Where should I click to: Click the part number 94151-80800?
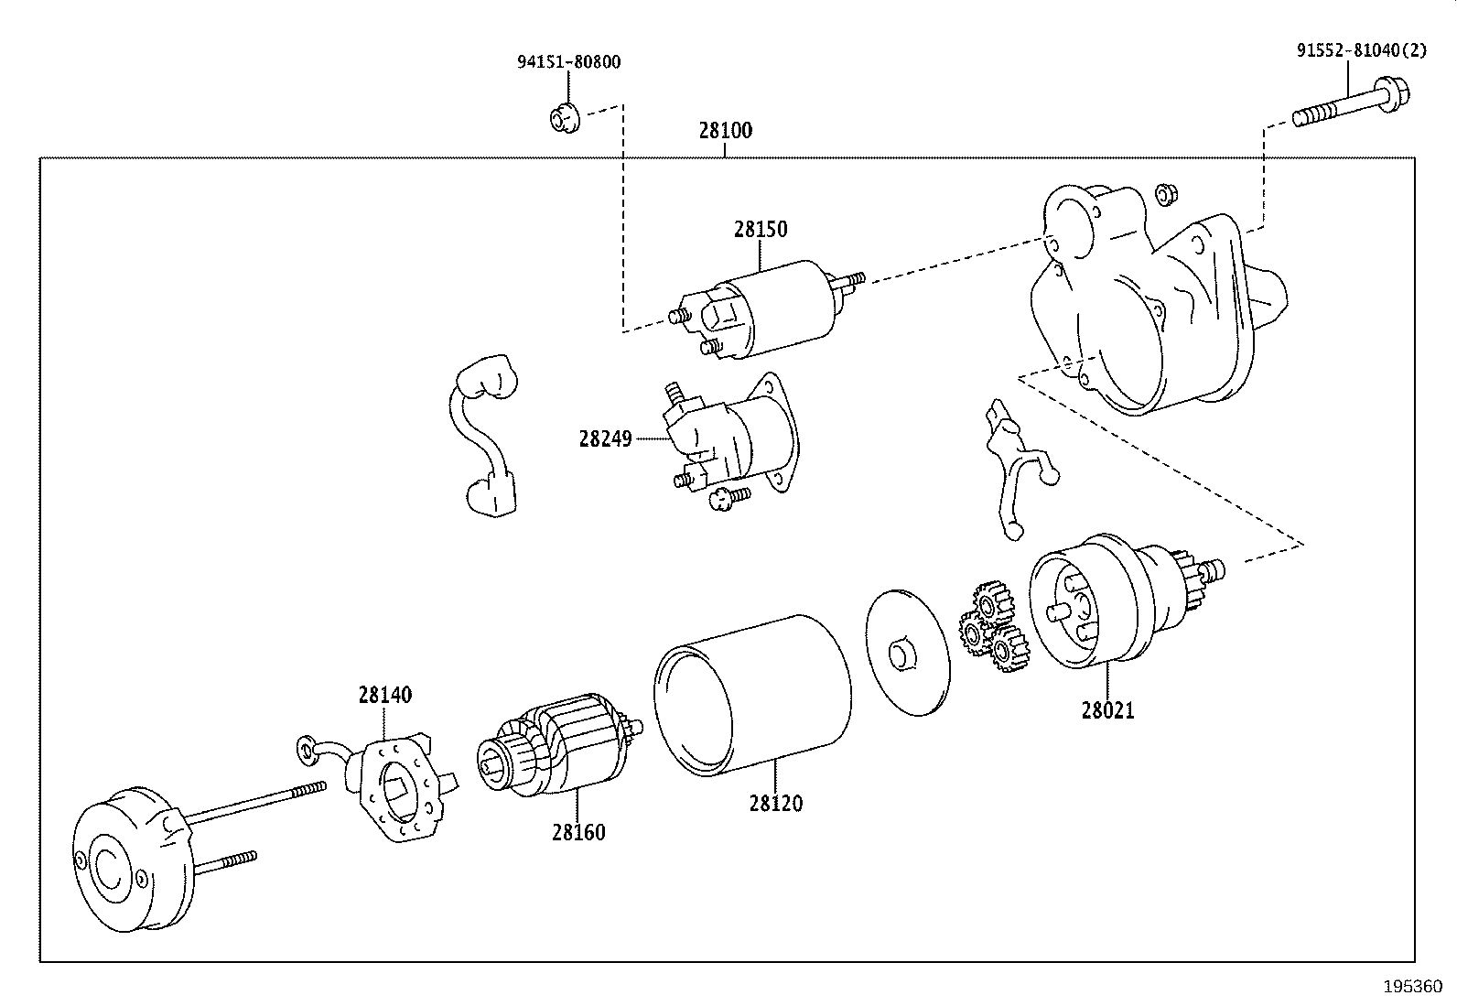[568, 62]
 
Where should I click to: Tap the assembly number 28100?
[725, 130]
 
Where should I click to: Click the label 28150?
[760, 229]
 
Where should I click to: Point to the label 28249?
[605, 438]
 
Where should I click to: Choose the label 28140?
[384, 695]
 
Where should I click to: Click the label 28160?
[578, 832]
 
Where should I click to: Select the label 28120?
[775, 803]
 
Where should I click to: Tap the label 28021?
[1107, 710]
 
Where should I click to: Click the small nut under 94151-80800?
[563, 118]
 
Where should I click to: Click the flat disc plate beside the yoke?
[907, 653]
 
